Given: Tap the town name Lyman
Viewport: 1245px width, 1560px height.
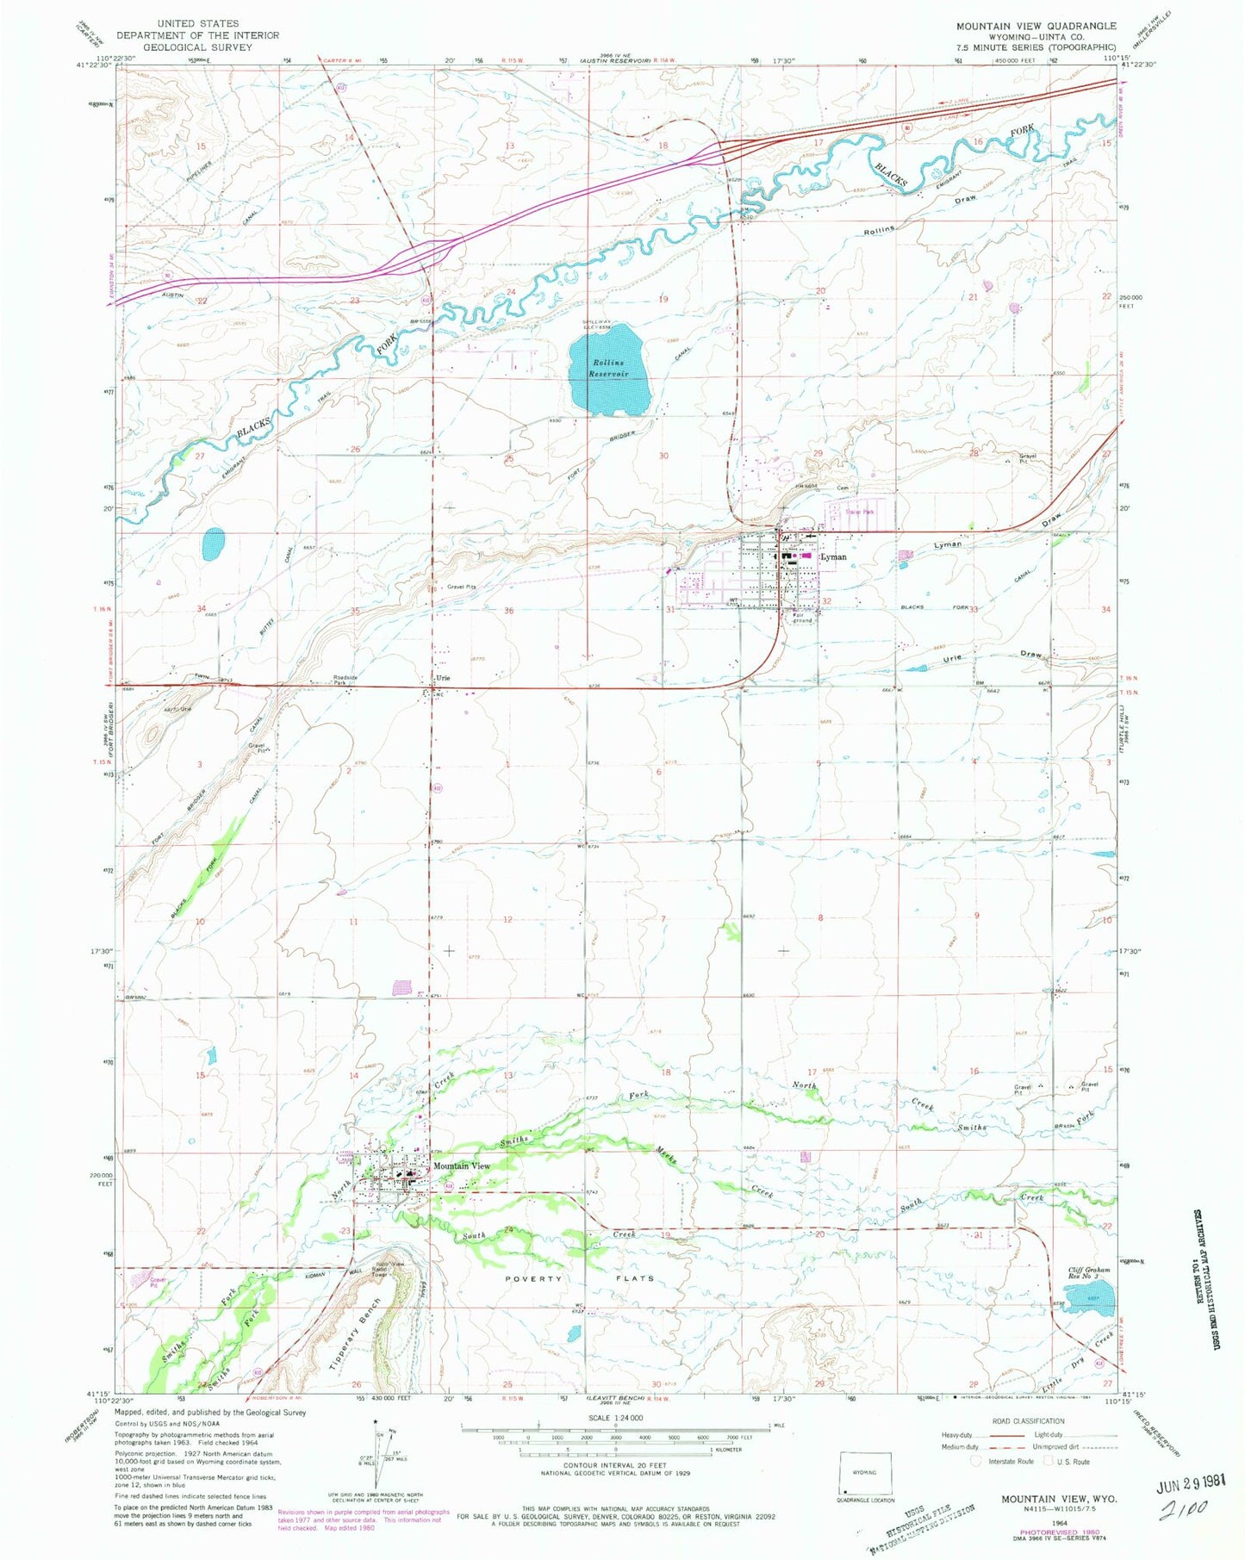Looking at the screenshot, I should pos(834,557).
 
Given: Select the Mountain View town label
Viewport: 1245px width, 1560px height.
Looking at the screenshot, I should pos(462,1165).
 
